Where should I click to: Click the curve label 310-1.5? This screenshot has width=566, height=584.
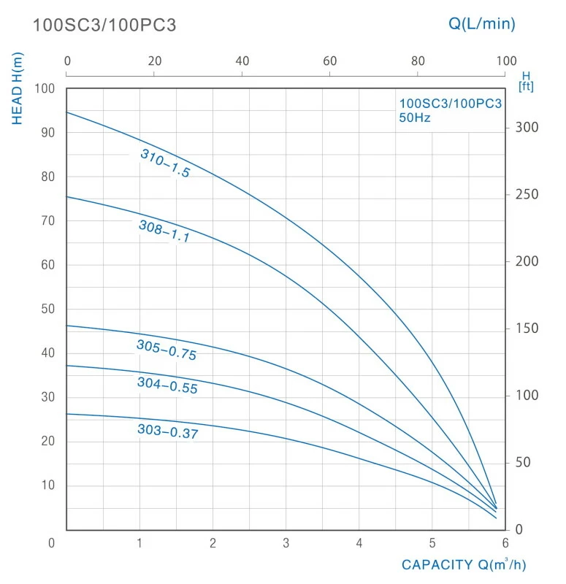[165, 164]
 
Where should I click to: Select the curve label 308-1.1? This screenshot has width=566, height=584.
[164, 231]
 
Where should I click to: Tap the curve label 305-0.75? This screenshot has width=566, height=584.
[167, 350]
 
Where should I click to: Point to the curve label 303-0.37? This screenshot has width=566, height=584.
[168, 431]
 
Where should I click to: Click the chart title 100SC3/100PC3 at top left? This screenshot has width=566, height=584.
[104, 26]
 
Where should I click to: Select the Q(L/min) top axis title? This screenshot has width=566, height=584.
[481, 23]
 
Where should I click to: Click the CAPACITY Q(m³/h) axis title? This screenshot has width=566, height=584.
[463, 565]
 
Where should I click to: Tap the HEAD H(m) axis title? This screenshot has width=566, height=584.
[18, 88]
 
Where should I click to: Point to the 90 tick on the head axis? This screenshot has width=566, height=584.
[48, 133]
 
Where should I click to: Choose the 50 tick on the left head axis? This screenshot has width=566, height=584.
[48, 310]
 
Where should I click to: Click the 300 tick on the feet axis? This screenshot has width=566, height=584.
[527, 128]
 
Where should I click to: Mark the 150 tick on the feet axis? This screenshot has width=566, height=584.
[527, 328]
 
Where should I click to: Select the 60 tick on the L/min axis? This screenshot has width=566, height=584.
[330, 61]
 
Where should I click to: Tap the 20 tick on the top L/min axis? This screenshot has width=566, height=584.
[155, 61]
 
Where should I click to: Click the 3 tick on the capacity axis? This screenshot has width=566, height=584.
[286, 543]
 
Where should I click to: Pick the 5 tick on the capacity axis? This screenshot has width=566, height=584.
[432, 543]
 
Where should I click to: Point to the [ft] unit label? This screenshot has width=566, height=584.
[525, 87]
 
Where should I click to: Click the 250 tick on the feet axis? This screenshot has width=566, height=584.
[527, 195]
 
